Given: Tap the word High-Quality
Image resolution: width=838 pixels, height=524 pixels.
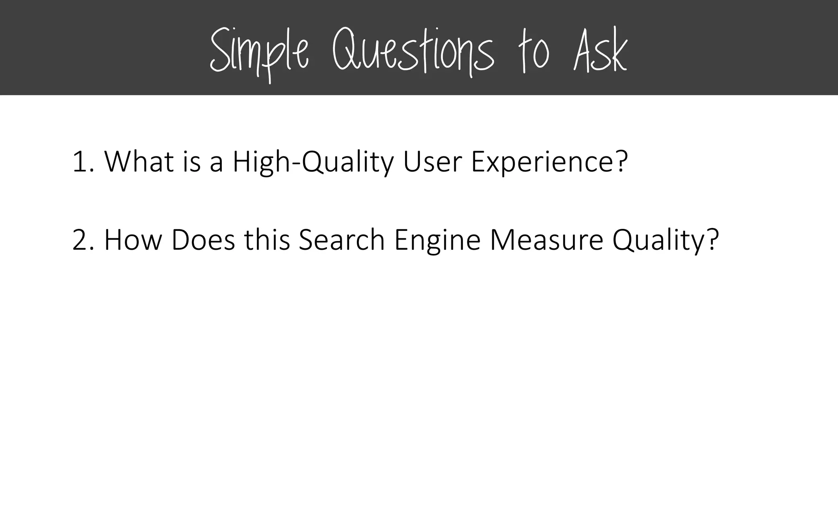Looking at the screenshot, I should click(x=313, y=163).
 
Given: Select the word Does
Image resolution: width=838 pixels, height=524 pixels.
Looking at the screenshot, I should click(x=203, y=240).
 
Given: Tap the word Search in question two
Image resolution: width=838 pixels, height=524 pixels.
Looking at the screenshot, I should click(x=342, y=240).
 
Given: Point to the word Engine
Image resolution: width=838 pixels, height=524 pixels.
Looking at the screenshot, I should click(x=437, y=241).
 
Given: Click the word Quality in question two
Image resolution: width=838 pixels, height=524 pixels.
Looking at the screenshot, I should click(x=659, y=241).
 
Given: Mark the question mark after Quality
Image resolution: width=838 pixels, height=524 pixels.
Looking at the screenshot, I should click(x=712, y=240).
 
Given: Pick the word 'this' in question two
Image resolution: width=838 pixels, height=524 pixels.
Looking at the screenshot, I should click(x=267, y=240).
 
